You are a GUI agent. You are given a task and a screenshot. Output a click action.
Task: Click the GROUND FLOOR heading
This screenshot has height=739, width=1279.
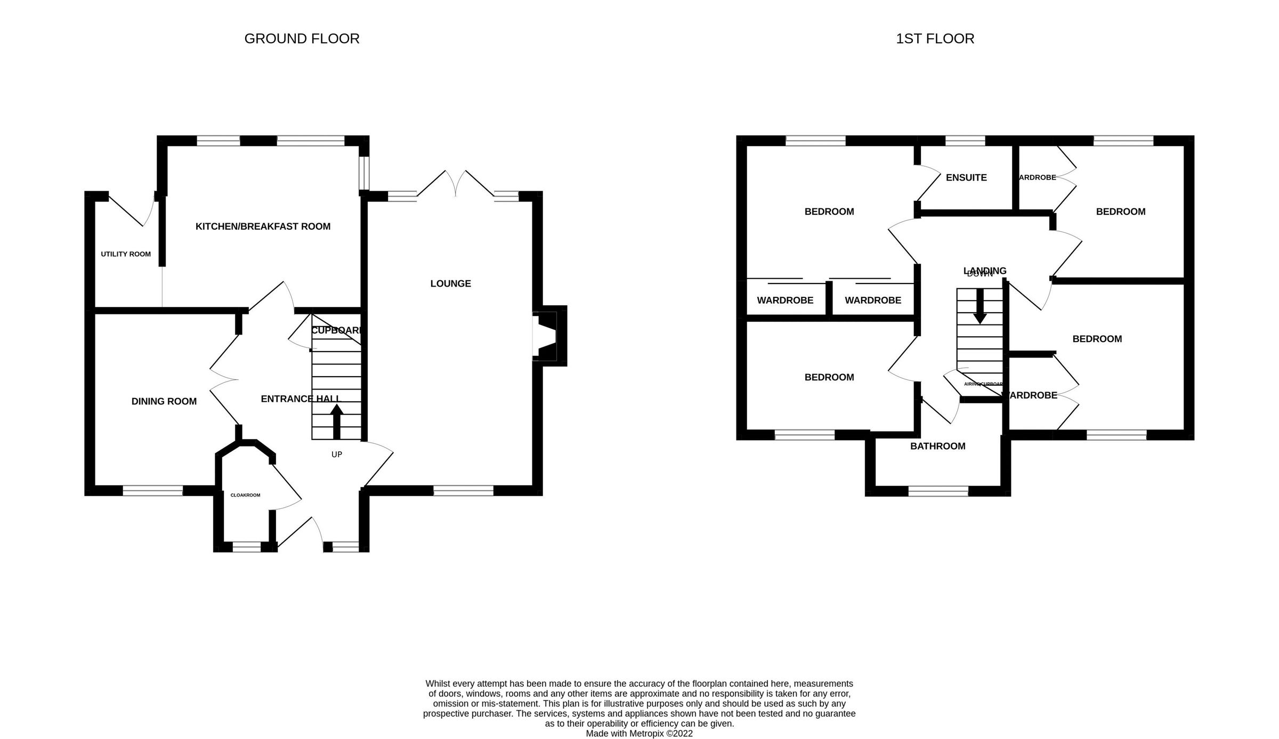coord(302,39)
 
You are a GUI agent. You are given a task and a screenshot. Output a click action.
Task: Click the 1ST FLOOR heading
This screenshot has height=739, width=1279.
coord(935,39)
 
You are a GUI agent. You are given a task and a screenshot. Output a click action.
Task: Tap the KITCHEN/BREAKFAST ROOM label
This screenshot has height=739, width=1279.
coord(263,226)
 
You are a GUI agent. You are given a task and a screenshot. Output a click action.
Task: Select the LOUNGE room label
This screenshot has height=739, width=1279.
coord(450,283)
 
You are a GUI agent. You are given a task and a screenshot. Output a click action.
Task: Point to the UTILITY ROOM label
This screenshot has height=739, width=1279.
coord(126,254)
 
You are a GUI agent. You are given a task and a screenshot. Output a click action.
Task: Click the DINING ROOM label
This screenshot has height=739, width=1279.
coord(164,401)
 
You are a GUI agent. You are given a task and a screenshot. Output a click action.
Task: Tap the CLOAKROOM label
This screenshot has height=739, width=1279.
coord(245,495)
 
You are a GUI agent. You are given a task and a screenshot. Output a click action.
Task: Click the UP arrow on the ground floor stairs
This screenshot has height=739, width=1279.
coord(337,420)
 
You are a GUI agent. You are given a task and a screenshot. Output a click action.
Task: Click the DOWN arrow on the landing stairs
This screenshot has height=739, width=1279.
coord(980,306)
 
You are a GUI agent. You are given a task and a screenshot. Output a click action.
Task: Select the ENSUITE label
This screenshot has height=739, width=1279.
coord(966,177)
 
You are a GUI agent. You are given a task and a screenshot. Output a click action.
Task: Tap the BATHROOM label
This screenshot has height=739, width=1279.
coord(937,446)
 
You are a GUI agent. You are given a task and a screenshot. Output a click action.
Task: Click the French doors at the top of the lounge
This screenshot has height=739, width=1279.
coord(456,184)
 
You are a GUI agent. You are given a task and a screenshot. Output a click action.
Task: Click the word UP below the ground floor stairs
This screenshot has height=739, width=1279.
coord(337,454)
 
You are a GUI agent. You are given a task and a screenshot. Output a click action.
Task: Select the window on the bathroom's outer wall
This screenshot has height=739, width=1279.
coord(938,491)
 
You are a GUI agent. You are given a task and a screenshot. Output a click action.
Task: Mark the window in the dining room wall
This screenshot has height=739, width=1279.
coord(153,491)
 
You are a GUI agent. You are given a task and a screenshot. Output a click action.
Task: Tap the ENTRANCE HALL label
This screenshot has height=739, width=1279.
coord(300,399)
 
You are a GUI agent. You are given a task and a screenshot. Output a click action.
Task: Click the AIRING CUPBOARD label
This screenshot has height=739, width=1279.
coord(983,384)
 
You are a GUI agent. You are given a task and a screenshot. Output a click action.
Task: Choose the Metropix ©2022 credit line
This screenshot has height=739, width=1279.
coord(639,733)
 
